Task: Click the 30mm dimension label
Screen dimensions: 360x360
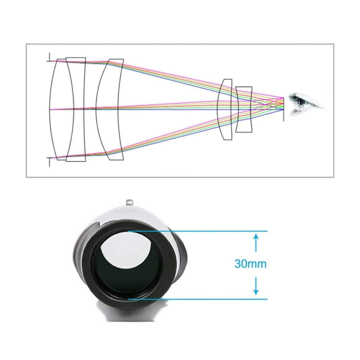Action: point(250,264)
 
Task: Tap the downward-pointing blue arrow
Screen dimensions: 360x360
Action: point(256,286)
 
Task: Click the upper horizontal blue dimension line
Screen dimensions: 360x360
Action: point(198,231)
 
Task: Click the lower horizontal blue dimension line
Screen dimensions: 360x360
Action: point(198,299)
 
